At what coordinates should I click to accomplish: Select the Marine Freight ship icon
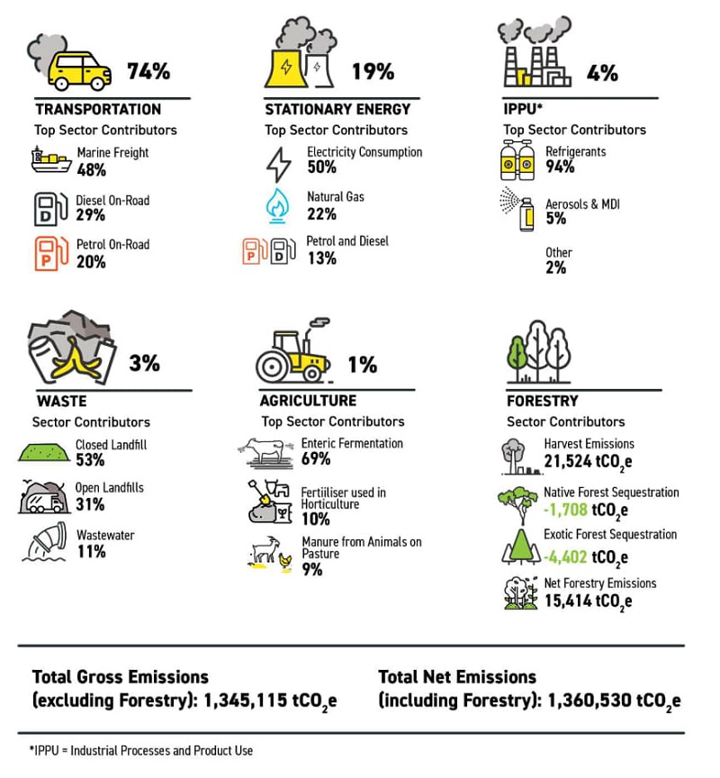point(50,160)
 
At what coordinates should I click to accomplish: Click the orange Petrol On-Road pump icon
point(49,253)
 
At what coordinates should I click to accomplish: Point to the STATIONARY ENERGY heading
point(337,109)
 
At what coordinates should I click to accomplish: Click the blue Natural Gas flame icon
point(277,205)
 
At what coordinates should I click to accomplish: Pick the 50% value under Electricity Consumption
point(321,167)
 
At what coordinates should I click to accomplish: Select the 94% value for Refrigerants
point(560,167)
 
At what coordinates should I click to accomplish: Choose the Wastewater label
point(105,535)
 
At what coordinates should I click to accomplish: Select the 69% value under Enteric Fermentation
point(316,458)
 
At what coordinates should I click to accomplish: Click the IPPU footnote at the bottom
point(142,750)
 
